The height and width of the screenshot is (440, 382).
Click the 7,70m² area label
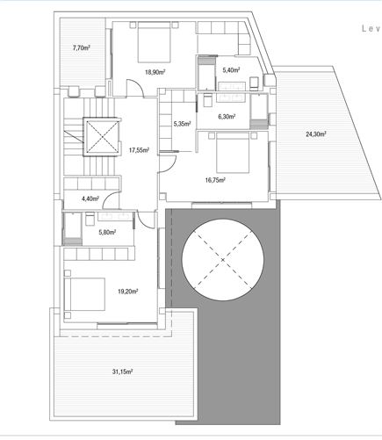[81, 47]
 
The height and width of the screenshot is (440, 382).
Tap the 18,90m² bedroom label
[155, 74]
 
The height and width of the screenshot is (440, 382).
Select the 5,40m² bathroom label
[232, 69]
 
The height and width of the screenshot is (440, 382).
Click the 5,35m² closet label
[184, 124]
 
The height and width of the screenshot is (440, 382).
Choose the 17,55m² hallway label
[139, 149]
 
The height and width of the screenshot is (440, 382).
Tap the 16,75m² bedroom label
[215, 179]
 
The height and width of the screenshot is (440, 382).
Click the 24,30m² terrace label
[315, 134]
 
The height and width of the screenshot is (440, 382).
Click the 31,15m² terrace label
[122, 372]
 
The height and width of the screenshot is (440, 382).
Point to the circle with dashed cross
[223, 260]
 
